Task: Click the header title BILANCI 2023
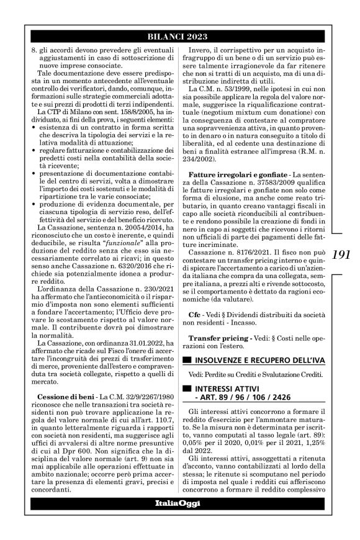180,37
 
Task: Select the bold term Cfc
195,315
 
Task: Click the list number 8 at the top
33,47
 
